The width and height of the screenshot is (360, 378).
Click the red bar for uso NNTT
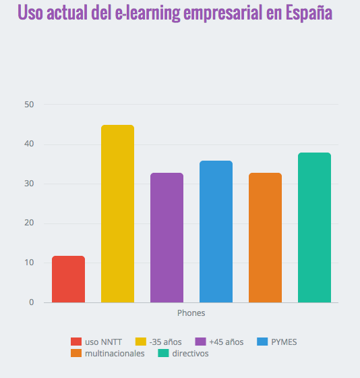[x=68, y=279]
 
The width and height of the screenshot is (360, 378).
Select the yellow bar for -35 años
[x=117, y=214]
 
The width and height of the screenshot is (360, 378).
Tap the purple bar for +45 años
[x=167, y=238]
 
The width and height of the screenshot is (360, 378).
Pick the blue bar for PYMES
[x=216, y=232]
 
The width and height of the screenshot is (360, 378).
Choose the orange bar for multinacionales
[x=265, y=238]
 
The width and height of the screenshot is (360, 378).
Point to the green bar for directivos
[x=314, y=227]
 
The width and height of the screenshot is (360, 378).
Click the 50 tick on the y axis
[x=29, y=105]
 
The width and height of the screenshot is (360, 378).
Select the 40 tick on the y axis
[x=29, y=144]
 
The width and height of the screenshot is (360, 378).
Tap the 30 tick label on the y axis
[x=29, y=184]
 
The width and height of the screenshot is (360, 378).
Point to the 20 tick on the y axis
[x=29, y=223]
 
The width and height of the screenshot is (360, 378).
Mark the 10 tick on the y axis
[x=29, y=263]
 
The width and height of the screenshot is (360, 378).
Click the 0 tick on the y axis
[x=31, y=302]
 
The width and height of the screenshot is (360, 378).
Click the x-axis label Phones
[x=191, y=313]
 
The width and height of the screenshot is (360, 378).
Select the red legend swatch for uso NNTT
[x=76, y=342]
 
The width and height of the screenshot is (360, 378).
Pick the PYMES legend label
[x=283, y=342]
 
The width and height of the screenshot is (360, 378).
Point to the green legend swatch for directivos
[x=162, y=353]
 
